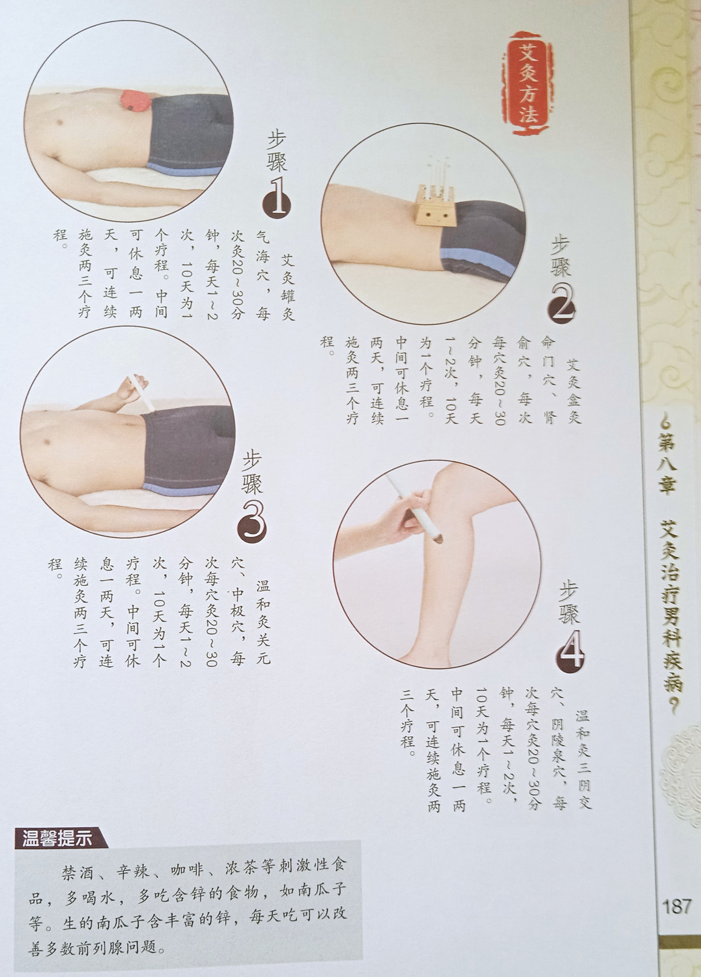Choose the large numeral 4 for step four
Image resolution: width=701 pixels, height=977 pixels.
click(x=571, y=652)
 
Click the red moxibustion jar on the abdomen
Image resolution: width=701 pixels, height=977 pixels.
click(x=134, y=100)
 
